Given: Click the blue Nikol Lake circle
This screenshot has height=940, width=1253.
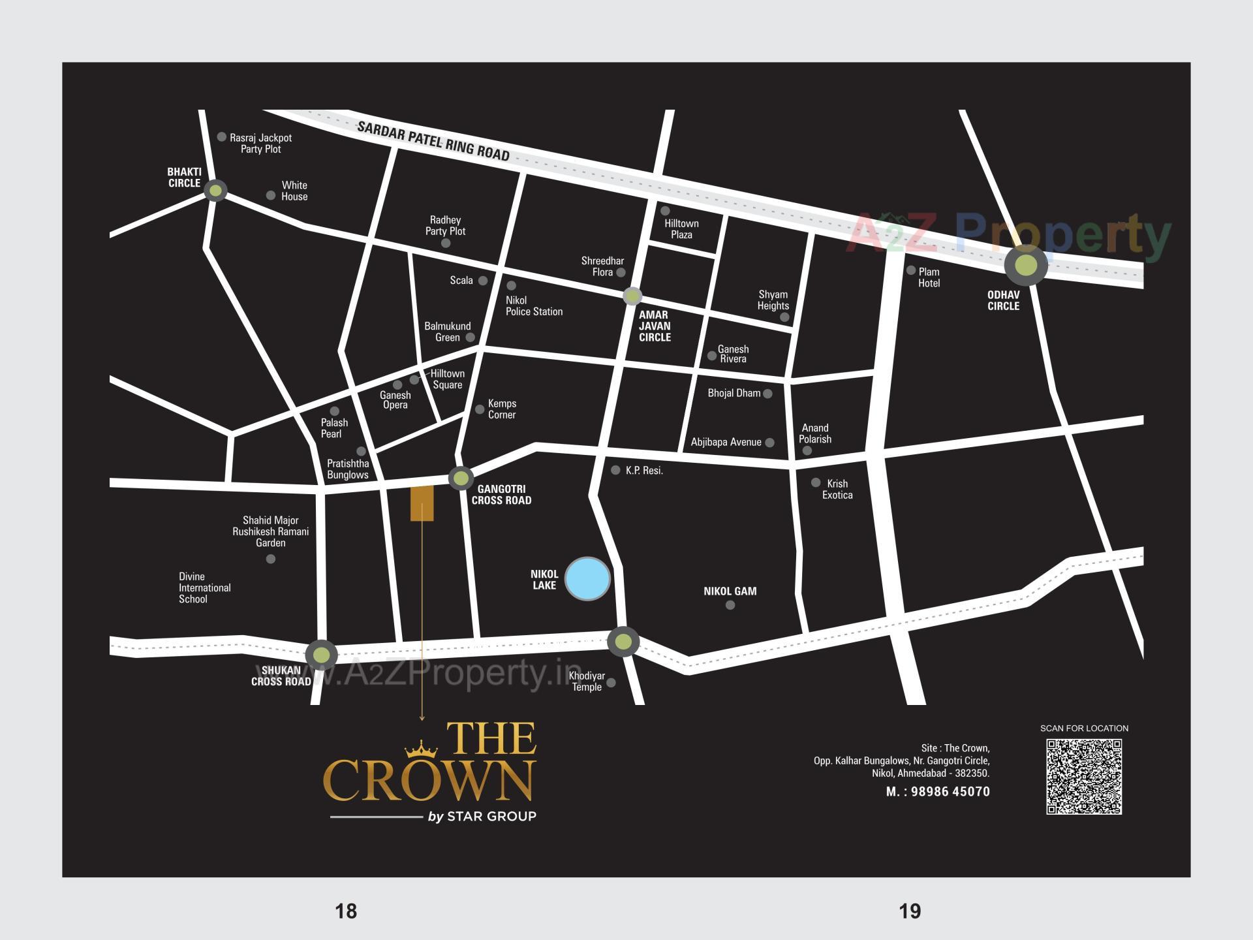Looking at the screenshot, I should (587, 578).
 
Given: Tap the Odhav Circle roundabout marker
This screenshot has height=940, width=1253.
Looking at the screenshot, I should (1026, 265).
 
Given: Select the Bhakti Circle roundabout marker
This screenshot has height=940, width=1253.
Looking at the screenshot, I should (215, 191).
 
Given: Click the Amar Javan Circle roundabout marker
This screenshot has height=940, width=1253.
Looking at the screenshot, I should (632, 296).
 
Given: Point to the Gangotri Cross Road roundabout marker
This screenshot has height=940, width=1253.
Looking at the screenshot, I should (461, 478).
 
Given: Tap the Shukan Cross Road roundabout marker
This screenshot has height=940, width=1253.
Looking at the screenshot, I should (321, 654).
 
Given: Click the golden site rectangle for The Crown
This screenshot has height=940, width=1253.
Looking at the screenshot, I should (422, 503).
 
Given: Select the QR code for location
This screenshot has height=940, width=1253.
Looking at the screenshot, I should (1084, 776).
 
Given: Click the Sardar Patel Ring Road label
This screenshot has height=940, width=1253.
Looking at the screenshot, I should (433, 140).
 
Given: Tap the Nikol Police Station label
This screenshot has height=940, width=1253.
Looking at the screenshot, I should (534, 306).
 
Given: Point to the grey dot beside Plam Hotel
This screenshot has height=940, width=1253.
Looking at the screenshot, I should (911, 270).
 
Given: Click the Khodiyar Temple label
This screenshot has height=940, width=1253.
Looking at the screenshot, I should (587, 681).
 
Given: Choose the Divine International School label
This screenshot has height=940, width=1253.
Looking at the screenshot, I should (204, 587).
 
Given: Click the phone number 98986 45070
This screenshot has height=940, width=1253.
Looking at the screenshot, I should (950, 792).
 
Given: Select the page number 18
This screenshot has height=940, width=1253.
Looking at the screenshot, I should (346, 911).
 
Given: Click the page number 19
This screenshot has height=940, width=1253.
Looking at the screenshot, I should (910, 911).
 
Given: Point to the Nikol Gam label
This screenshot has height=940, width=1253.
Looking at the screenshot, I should (730, 591).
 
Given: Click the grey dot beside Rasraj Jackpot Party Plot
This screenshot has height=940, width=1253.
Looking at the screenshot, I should (222, 137).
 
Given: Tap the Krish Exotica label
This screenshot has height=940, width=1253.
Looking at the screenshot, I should (837, 489).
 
